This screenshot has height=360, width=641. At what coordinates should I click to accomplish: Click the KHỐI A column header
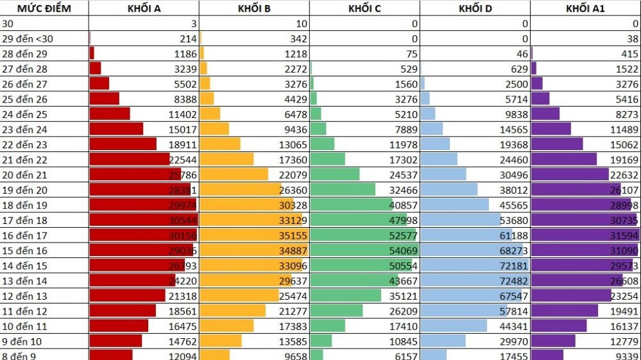point(144,8)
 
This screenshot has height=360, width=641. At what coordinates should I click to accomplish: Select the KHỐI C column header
point(364,8)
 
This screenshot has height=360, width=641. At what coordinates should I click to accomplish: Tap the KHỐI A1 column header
point(585,8)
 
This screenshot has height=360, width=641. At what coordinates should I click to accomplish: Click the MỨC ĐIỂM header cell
point(44,8)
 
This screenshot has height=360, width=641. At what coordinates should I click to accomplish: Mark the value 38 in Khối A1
point(631,39)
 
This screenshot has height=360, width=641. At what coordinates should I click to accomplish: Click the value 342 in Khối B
point(298,39)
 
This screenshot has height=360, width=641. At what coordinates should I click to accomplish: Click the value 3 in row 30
point(193,24)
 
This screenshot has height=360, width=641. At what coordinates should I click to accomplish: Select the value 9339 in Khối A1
point(624,354)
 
